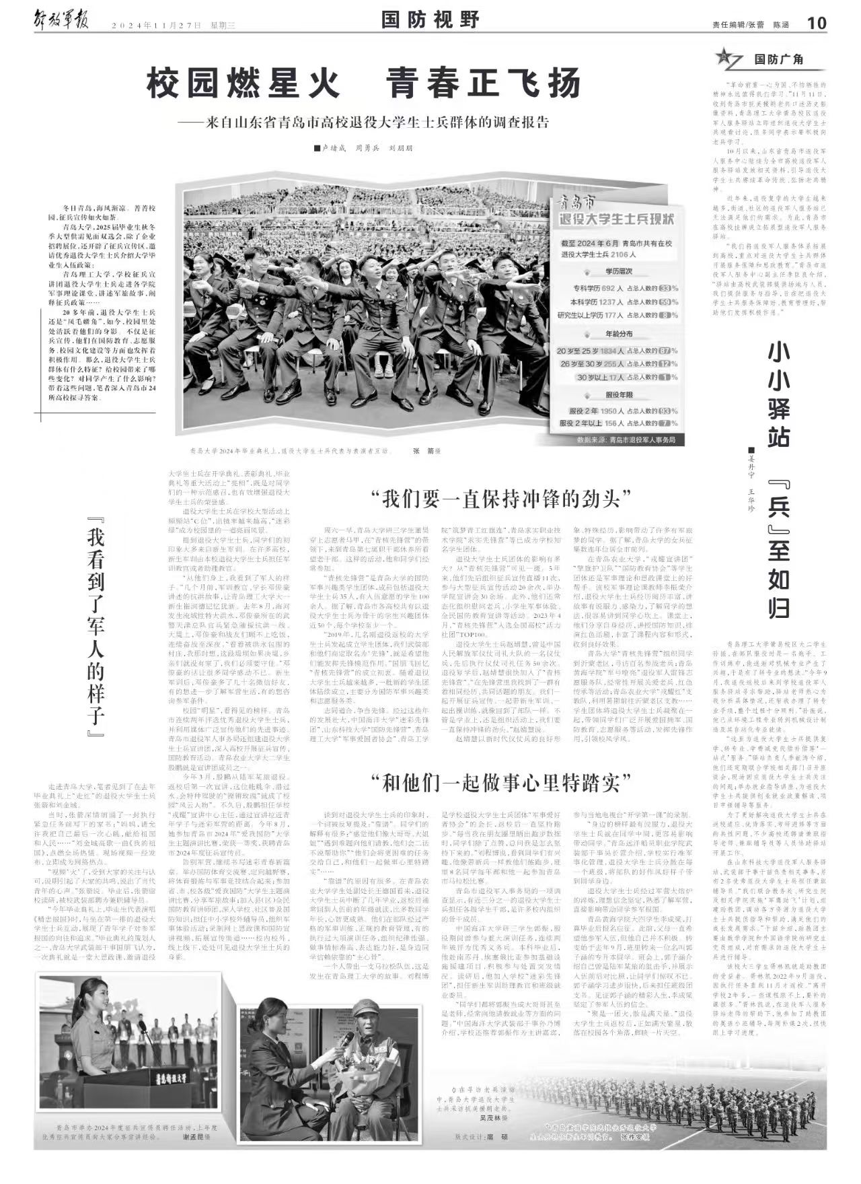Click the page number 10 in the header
click(816, 23)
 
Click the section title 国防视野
click(430, 20)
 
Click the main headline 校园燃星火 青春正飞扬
click(363, 84)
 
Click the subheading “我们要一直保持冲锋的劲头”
click(505, 499)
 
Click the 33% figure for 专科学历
click(669, 287)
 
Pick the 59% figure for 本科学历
click(669, 302)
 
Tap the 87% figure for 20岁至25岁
click(669, 351)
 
